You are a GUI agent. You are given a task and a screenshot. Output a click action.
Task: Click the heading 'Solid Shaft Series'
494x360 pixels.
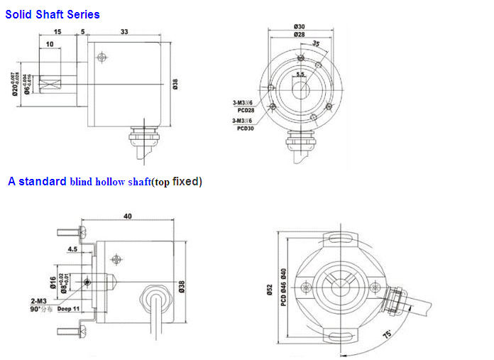coord(53,13)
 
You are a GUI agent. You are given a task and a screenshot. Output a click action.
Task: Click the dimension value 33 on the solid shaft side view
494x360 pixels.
coord(124,31)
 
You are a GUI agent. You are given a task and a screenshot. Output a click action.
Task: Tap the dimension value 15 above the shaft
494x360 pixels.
coord(56,31)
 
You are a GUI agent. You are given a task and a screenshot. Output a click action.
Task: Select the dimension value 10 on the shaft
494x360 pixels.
coord(49,45)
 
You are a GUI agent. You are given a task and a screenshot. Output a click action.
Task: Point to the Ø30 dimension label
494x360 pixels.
coord(299,26)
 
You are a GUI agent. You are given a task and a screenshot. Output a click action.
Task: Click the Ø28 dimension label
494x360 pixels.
coord(299,35)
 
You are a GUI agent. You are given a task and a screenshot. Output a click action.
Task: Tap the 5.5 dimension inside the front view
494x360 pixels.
coord(300,74)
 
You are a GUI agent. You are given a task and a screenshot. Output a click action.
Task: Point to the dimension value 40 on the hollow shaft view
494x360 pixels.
coord(128,216)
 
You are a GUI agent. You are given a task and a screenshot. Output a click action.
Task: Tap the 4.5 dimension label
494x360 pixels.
coord(72,249)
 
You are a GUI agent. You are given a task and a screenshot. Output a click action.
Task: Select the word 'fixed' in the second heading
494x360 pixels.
coord(186,181)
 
